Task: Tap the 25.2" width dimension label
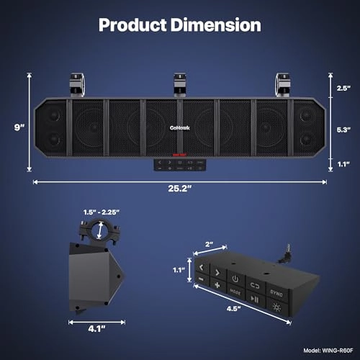point(180,192)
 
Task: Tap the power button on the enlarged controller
point(235,278)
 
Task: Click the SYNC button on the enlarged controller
point(276,292)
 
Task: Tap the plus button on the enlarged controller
point(216,285)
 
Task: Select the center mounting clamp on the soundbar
point(179,82)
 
